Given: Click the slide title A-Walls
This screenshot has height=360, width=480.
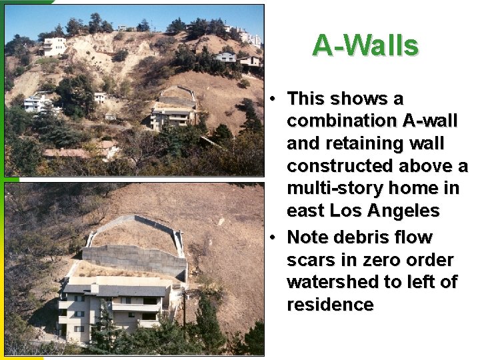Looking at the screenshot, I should (365, 46).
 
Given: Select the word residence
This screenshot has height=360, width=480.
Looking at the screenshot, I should (330, 305).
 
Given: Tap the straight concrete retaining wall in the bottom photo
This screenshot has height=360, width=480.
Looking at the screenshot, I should (133, 259).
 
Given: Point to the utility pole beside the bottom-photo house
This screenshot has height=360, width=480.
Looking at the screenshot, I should (185, 313).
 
